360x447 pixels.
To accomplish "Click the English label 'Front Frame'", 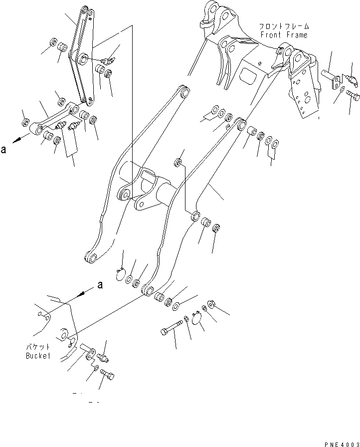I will [x=283, y=35].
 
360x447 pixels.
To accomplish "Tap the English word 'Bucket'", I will [x=38, y=356].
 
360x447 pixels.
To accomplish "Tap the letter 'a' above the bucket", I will [x=100, y=285].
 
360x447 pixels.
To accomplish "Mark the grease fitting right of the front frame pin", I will [x=353, y=79].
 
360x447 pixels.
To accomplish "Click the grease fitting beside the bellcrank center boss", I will [x=108, y=61].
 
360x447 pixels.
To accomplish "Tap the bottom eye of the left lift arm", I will [x=90, y=258].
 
